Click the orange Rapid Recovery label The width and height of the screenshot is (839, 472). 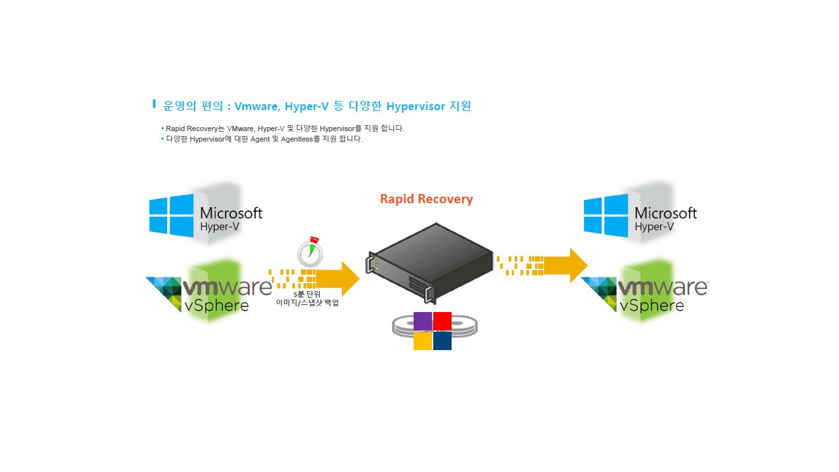coord(426,199)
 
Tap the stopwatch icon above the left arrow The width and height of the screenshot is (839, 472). coord(309,252)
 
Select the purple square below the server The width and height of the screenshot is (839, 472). coord(423,321)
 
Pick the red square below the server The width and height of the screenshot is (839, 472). coord(442,321)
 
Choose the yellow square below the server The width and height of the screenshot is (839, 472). coord(423,341)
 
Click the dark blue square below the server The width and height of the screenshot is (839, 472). coord(442,341)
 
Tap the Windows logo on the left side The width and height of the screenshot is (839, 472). coord(171,214)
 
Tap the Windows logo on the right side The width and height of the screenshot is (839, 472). coord(606,214)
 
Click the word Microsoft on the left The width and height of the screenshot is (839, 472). coord(231,213)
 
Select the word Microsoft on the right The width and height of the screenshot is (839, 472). coord(665,213)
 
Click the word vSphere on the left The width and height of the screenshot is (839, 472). coord(216,306)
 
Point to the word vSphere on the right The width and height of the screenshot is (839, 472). coord(652,305)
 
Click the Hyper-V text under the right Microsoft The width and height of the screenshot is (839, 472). coord(654,227)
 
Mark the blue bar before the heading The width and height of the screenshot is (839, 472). coord(154,104)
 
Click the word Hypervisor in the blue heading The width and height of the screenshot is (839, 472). coord(416,106)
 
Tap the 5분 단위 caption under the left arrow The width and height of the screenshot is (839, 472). coord(307,294)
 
